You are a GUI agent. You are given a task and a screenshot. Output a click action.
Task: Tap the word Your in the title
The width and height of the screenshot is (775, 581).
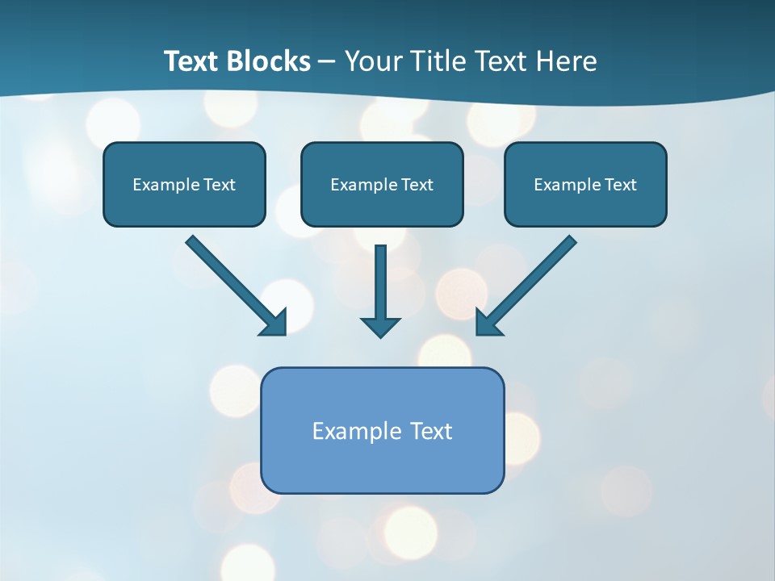tap(372, 61)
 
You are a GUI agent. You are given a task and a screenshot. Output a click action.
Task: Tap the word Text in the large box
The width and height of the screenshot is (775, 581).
tap(431, 431)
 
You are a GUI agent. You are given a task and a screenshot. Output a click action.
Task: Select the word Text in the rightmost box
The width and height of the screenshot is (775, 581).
tap(621, 185)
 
